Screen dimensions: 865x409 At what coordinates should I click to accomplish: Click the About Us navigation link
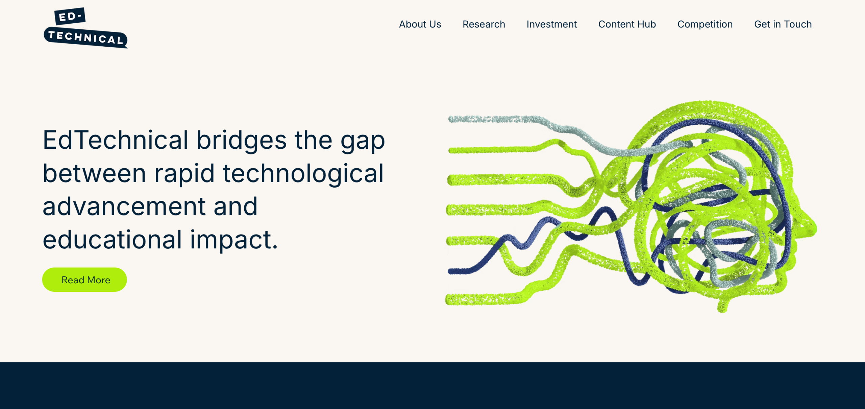420,24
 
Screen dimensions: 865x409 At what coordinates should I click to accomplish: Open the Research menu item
484,24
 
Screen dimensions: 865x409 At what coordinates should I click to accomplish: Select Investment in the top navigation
552,24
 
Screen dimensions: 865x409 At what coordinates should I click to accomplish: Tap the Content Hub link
627,24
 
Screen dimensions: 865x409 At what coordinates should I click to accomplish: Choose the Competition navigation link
705,24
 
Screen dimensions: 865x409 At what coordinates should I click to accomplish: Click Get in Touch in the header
783,24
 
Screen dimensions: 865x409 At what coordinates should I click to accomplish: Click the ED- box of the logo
70,16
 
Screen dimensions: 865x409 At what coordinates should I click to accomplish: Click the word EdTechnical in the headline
116,140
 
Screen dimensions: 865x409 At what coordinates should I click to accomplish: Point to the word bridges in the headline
242,141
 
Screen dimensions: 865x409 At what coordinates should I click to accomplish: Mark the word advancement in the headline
124,207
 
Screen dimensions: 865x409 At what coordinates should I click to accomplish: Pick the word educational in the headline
113,239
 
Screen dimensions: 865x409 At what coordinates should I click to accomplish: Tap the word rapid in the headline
184,174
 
